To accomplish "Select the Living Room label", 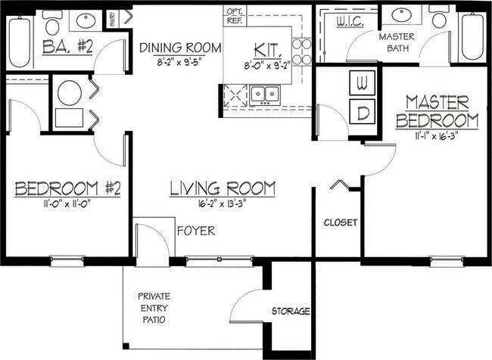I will (222, 188).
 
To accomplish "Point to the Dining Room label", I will (181, 48).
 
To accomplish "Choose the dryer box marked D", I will (362, 113).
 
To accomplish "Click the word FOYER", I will (196, 231).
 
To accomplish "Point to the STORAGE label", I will (291, 311).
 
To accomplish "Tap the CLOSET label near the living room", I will (340, 223).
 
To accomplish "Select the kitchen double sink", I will (265, 94).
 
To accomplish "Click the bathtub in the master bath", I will (472, 36).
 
